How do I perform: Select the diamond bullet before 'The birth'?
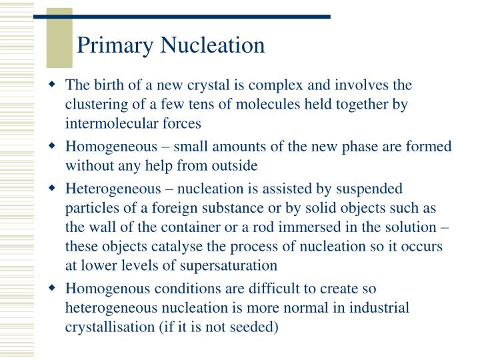point(52,86)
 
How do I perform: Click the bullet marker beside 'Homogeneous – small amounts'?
point(52,146)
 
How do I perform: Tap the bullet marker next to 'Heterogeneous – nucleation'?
point(52,189)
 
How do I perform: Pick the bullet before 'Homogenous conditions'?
point(52,290)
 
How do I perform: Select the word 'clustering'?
point(93,105)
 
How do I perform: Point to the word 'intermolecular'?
point(107,123)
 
